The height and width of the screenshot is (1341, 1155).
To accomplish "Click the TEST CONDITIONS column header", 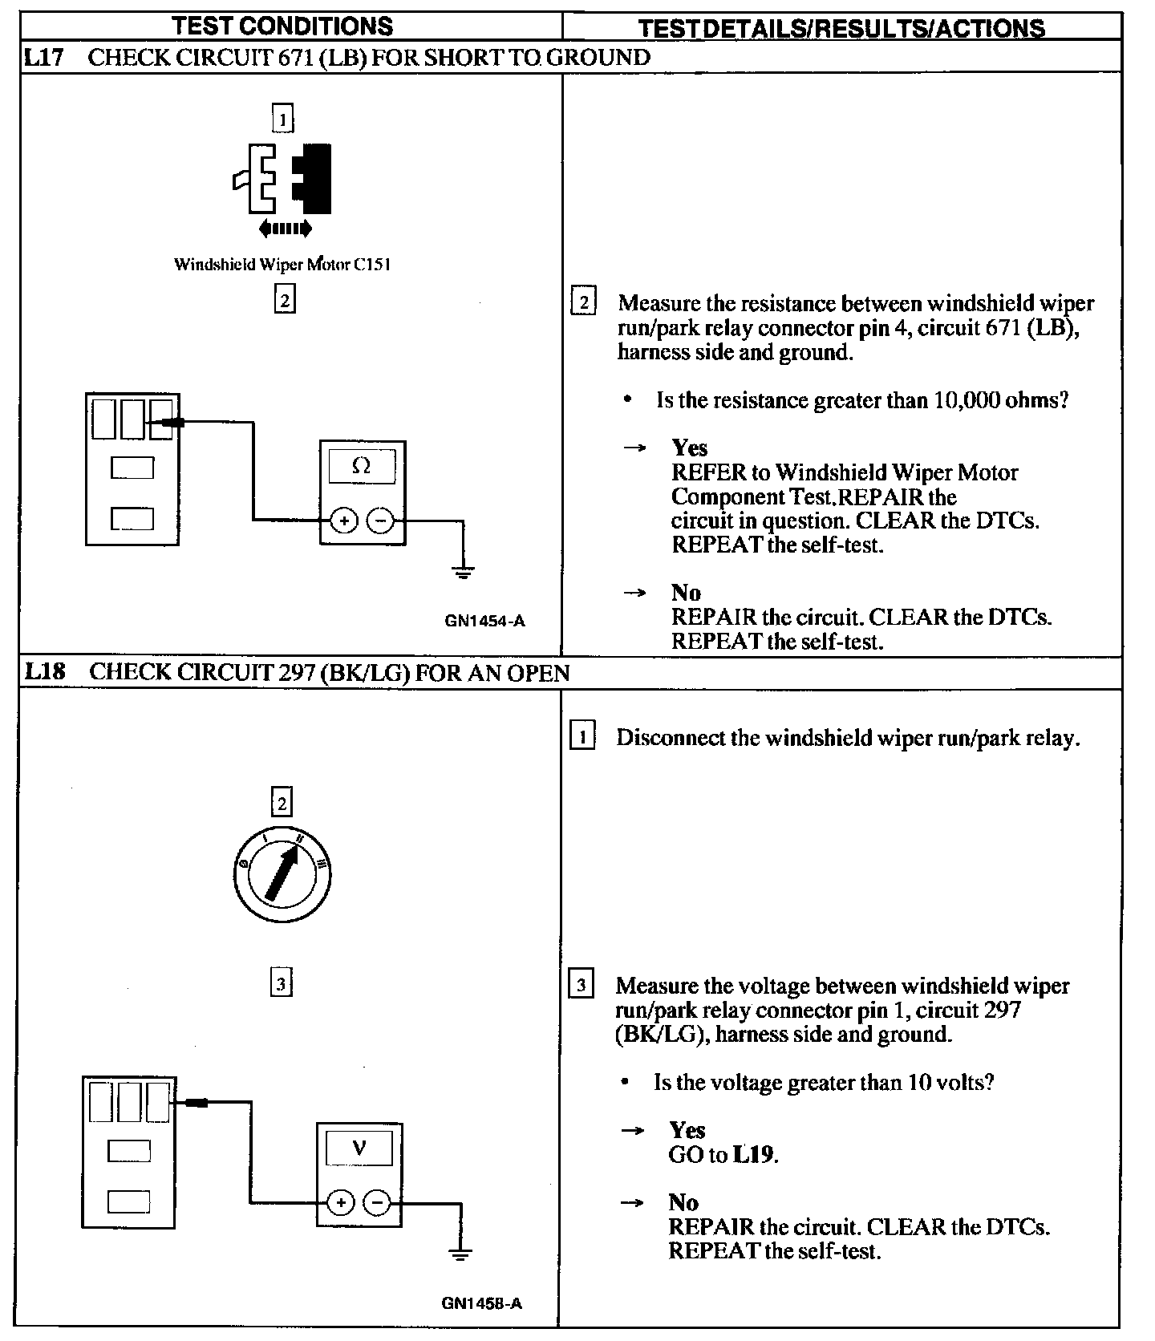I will (x=282, y=26).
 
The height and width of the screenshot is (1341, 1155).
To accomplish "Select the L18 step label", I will (x=44, y=671).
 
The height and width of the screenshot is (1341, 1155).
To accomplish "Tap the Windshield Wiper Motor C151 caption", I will (x=282, y=264).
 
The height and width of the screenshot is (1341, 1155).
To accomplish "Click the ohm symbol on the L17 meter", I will (x=362, y=466).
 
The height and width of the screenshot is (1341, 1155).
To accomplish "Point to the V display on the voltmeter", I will (x=359, y=1149).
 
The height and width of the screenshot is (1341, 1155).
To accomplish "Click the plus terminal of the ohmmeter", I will (x=344, y=521).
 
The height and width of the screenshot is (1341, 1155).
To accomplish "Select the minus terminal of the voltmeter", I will (x=377, y=1202).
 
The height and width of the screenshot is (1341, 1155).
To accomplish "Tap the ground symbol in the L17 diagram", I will (x=463, y=572).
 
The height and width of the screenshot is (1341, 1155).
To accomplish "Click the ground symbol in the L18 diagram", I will (x=460, y=1254).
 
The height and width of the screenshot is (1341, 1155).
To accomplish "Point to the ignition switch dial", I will (x=281, y=874).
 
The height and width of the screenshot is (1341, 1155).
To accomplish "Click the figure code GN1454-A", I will (x=484, y=620).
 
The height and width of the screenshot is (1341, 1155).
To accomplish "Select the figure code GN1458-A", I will (x=481, y=1303).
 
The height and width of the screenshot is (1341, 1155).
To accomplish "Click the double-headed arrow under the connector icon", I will (x=285, y=229).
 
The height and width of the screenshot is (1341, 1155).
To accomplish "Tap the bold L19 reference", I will (x=754, y=1155).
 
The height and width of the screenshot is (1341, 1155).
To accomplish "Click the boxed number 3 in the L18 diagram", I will (x=282, y=983).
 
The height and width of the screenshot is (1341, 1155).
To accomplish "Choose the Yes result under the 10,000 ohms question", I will (x=689, y=448).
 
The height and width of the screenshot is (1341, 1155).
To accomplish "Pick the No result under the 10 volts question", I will (x=683, y=1202).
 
